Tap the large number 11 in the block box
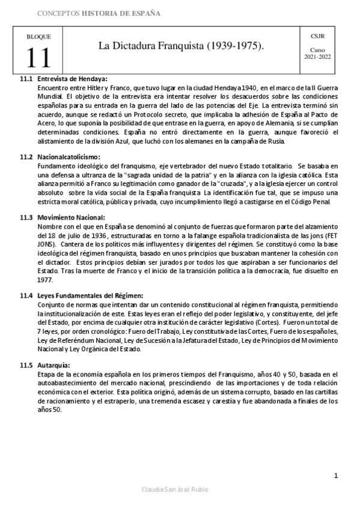click(x=39, y=58)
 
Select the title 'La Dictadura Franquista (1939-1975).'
click(x=182, y=46)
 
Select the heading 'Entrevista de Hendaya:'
click(x=72, y=79)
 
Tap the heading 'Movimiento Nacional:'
click(x=71, y=217)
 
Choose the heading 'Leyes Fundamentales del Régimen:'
click(x=90, y=295)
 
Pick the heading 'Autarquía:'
click(x=53, y=365)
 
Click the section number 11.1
click(x=26, y=79)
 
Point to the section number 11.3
click(x=26, y=217)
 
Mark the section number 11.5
click(x=26, y=365)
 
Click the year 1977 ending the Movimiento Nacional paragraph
click(x=45, y=280)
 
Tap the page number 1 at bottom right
click(x=336, y=476)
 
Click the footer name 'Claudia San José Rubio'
click(x=174, y=490)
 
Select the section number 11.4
click(x=26, y=295)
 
